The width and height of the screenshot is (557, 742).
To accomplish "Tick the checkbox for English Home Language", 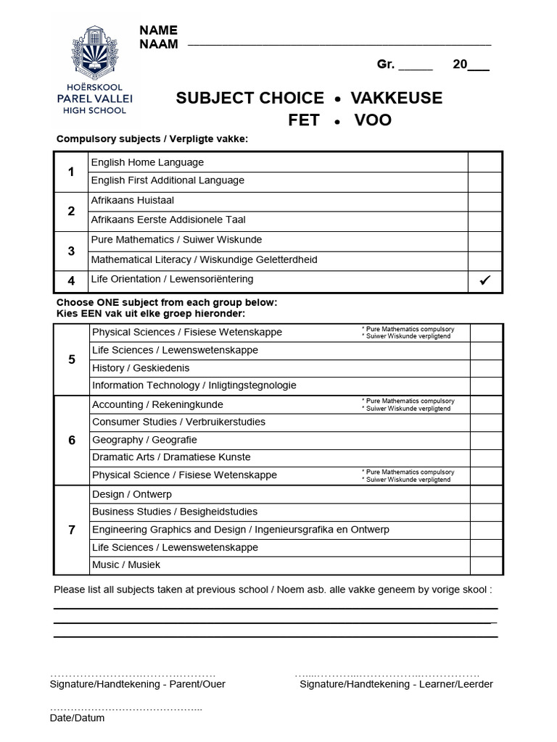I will click(484, 162).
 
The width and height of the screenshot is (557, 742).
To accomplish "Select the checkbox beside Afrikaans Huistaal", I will click(484, 201).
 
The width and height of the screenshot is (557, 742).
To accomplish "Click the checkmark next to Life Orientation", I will click(485, 280).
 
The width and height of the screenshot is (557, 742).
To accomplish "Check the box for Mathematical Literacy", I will click(484, 260).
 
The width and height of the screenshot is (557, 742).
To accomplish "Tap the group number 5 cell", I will click(71, 359).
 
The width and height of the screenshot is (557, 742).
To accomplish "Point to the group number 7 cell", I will click(71, 530).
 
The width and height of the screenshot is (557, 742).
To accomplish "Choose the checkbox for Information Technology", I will click(486, 385).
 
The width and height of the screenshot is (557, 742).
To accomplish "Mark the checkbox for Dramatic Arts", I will click(486, 457).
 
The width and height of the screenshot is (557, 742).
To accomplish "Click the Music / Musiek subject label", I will click(126, 564).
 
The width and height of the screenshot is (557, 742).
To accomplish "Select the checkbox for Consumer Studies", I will click(486, 422).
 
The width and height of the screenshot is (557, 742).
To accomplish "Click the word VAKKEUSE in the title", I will click(396, 98).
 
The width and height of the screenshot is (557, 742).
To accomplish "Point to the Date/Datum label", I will click(77, 718).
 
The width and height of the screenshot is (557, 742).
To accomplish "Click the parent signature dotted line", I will click(133, 673).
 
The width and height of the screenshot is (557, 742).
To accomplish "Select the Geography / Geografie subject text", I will click(144, 440).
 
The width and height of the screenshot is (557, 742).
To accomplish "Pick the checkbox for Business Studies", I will click(486, 512).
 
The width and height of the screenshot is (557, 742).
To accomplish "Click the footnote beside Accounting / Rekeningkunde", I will click(408, 404).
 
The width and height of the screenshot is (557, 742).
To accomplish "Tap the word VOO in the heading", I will click(373, 120).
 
